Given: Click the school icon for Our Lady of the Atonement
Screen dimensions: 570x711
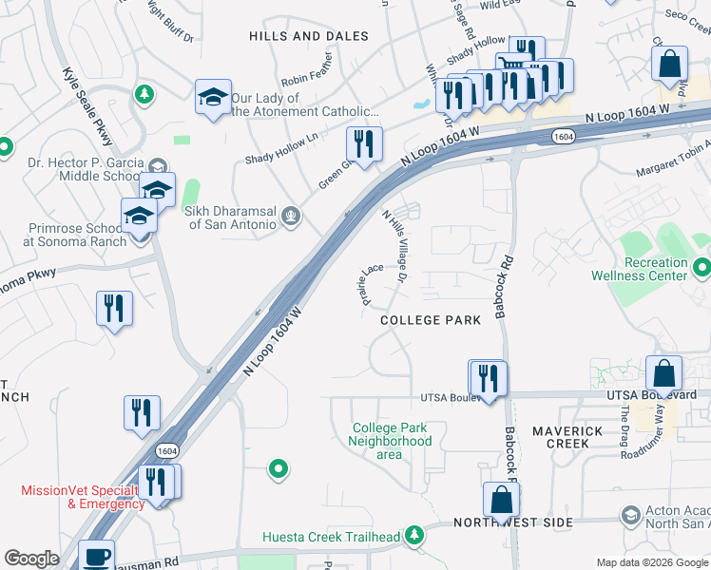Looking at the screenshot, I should [214, 96].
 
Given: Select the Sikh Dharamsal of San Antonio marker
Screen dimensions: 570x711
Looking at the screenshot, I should [292, 218].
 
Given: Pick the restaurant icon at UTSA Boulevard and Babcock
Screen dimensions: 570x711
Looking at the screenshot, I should [489, 378].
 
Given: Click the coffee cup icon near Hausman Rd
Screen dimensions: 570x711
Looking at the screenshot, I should [95, 556].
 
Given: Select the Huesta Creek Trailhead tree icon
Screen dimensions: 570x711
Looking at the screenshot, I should [413, 537].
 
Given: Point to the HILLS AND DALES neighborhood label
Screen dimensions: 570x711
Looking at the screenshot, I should [308, 36].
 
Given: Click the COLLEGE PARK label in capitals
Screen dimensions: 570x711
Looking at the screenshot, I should [431, 320].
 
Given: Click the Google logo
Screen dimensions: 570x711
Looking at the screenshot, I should [31, 559].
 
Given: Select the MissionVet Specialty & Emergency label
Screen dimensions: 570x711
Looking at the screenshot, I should [76, 497].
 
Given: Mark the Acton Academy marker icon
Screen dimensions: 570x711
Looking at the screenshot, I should [629, 515].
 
